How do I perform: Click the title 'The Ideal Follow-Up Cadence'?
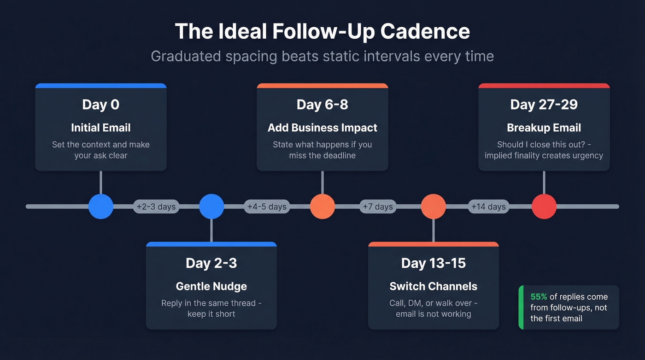pos(322,31)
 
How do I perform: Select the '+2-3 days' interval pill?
pos(156,207)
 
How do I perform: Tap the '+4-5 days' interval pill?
pos(267,207)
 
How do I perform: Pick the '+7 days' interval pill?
pos(378,207)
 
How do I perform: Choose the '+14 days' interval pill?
pos(488,207)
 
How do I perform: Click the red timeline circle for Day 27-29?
pos(544,207)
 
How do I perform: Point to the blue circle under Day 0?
pos(101,207)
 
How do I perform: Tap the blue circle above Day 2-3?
pos(211,207)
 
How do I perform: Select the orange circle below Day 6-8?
pos(322,207)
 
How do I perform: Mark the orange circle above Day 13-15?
pos(434,207)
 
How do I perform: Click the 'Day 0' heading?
pos(101,105)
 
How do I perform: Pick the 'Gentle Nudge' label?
pos(211,286)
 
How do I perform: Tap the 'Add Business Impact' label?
pos(322,128)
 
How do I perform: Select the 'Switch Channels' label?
pos(434,286)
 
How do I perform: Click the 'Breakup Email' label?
pos(544,128)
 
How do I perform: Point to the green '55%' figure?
pos(539,297)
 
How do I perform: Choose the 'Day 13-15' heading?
pos(434,263)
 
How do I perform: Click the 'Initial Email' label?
pos(101,128)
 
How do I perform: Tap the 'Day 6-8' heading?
pos(322,105)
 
